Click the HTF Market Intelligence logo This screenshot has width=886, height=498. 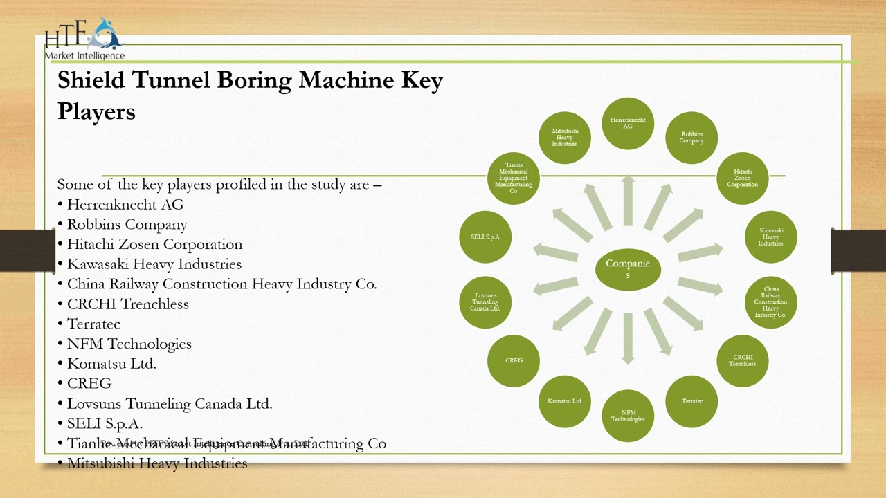[x=84, y=39]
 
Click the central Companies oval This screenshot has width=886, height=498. [x=628, y=269]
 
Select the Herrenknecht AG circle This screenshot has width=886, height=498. [x=628, y=124]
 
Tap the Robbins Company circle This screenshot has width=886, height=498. [x=691, y=138]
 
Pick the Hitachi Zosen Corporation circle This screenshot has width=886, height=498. [x=742, y=178]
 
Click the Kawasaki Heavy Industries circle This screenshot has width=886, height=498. [x=770, y=237]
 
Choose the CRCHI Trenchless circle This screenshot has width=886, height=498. [x=742, y=360]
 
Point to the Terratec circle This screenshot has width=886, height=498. [x=691, y=401]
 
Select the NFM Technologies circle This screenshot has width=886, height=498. [x=628, y=416]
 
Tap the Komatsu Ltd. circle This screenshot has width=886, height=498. [x=565, y=401]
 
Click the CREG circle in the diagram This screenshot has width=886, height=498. [x=514, y=360]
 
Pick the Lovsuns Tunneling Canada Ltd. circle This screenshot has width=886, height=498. [x=485, y=302]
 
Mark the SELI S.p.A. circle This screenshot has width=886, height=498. [x=485, y=237]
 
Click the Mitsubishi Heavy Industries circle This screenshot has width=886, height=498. [x=565, y=138]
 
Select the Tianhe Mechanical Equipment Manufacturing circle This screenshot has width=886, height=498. [x=514, y=178]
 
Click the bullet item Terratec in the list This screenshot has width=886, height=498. [x=93, y=324]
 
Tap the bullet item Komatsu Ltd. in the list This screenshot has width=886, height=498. [x=111, y=363]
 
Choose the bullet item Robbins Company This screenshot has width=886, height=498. [x=127, y=225]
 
